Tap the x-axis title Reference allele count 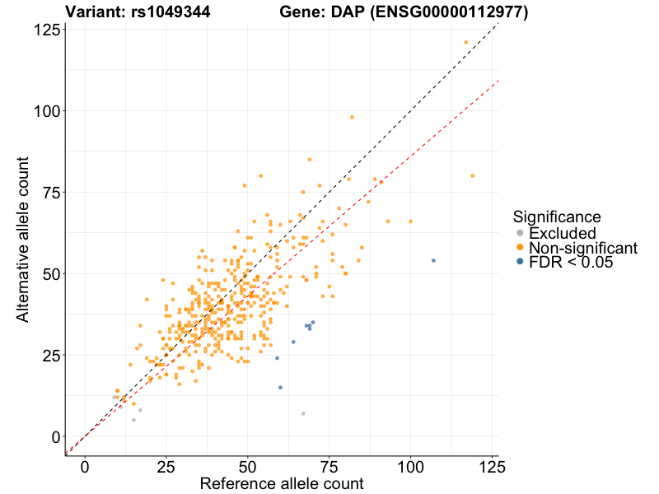click(x=281, y=483)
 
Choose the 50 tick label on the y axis click(x=50, y=273)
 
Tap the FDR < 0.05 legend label click(x=571, y=263)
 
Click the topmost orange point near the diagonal click(x=465, y=42)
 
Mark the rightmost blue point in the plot click(x=433, y=260)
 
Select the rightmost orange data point click(x=472, y=175)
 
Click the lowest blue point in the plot click(x=280, y=387)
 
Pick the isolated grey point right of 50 click(x=303, y=413)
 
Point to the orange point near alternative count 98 click(x=352, y=117)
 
